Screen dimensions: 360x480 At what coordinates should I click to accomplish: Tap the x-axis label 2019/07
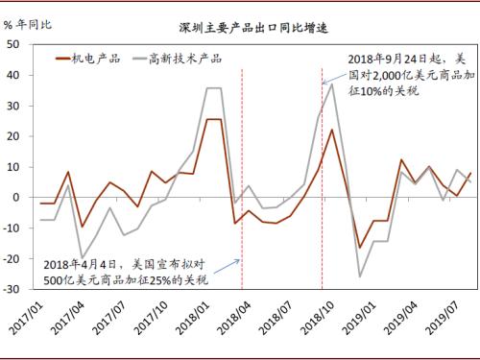442,323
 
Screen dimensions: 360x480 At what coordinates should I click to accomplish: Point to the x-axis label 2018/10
322,323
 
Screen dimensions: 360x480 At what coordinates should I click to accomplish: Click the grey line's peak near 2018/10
332,84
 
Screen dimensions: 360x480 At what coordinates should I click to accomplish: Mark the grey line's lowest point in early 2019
360,276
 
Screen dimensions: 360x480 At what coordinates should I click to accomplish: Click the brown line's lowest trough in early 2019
360,248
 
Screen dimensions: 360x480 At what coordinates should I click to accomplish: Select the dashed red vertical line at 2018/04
241,173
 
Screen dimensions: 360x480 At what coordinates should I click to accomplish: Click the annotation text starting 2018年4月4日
129,270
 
